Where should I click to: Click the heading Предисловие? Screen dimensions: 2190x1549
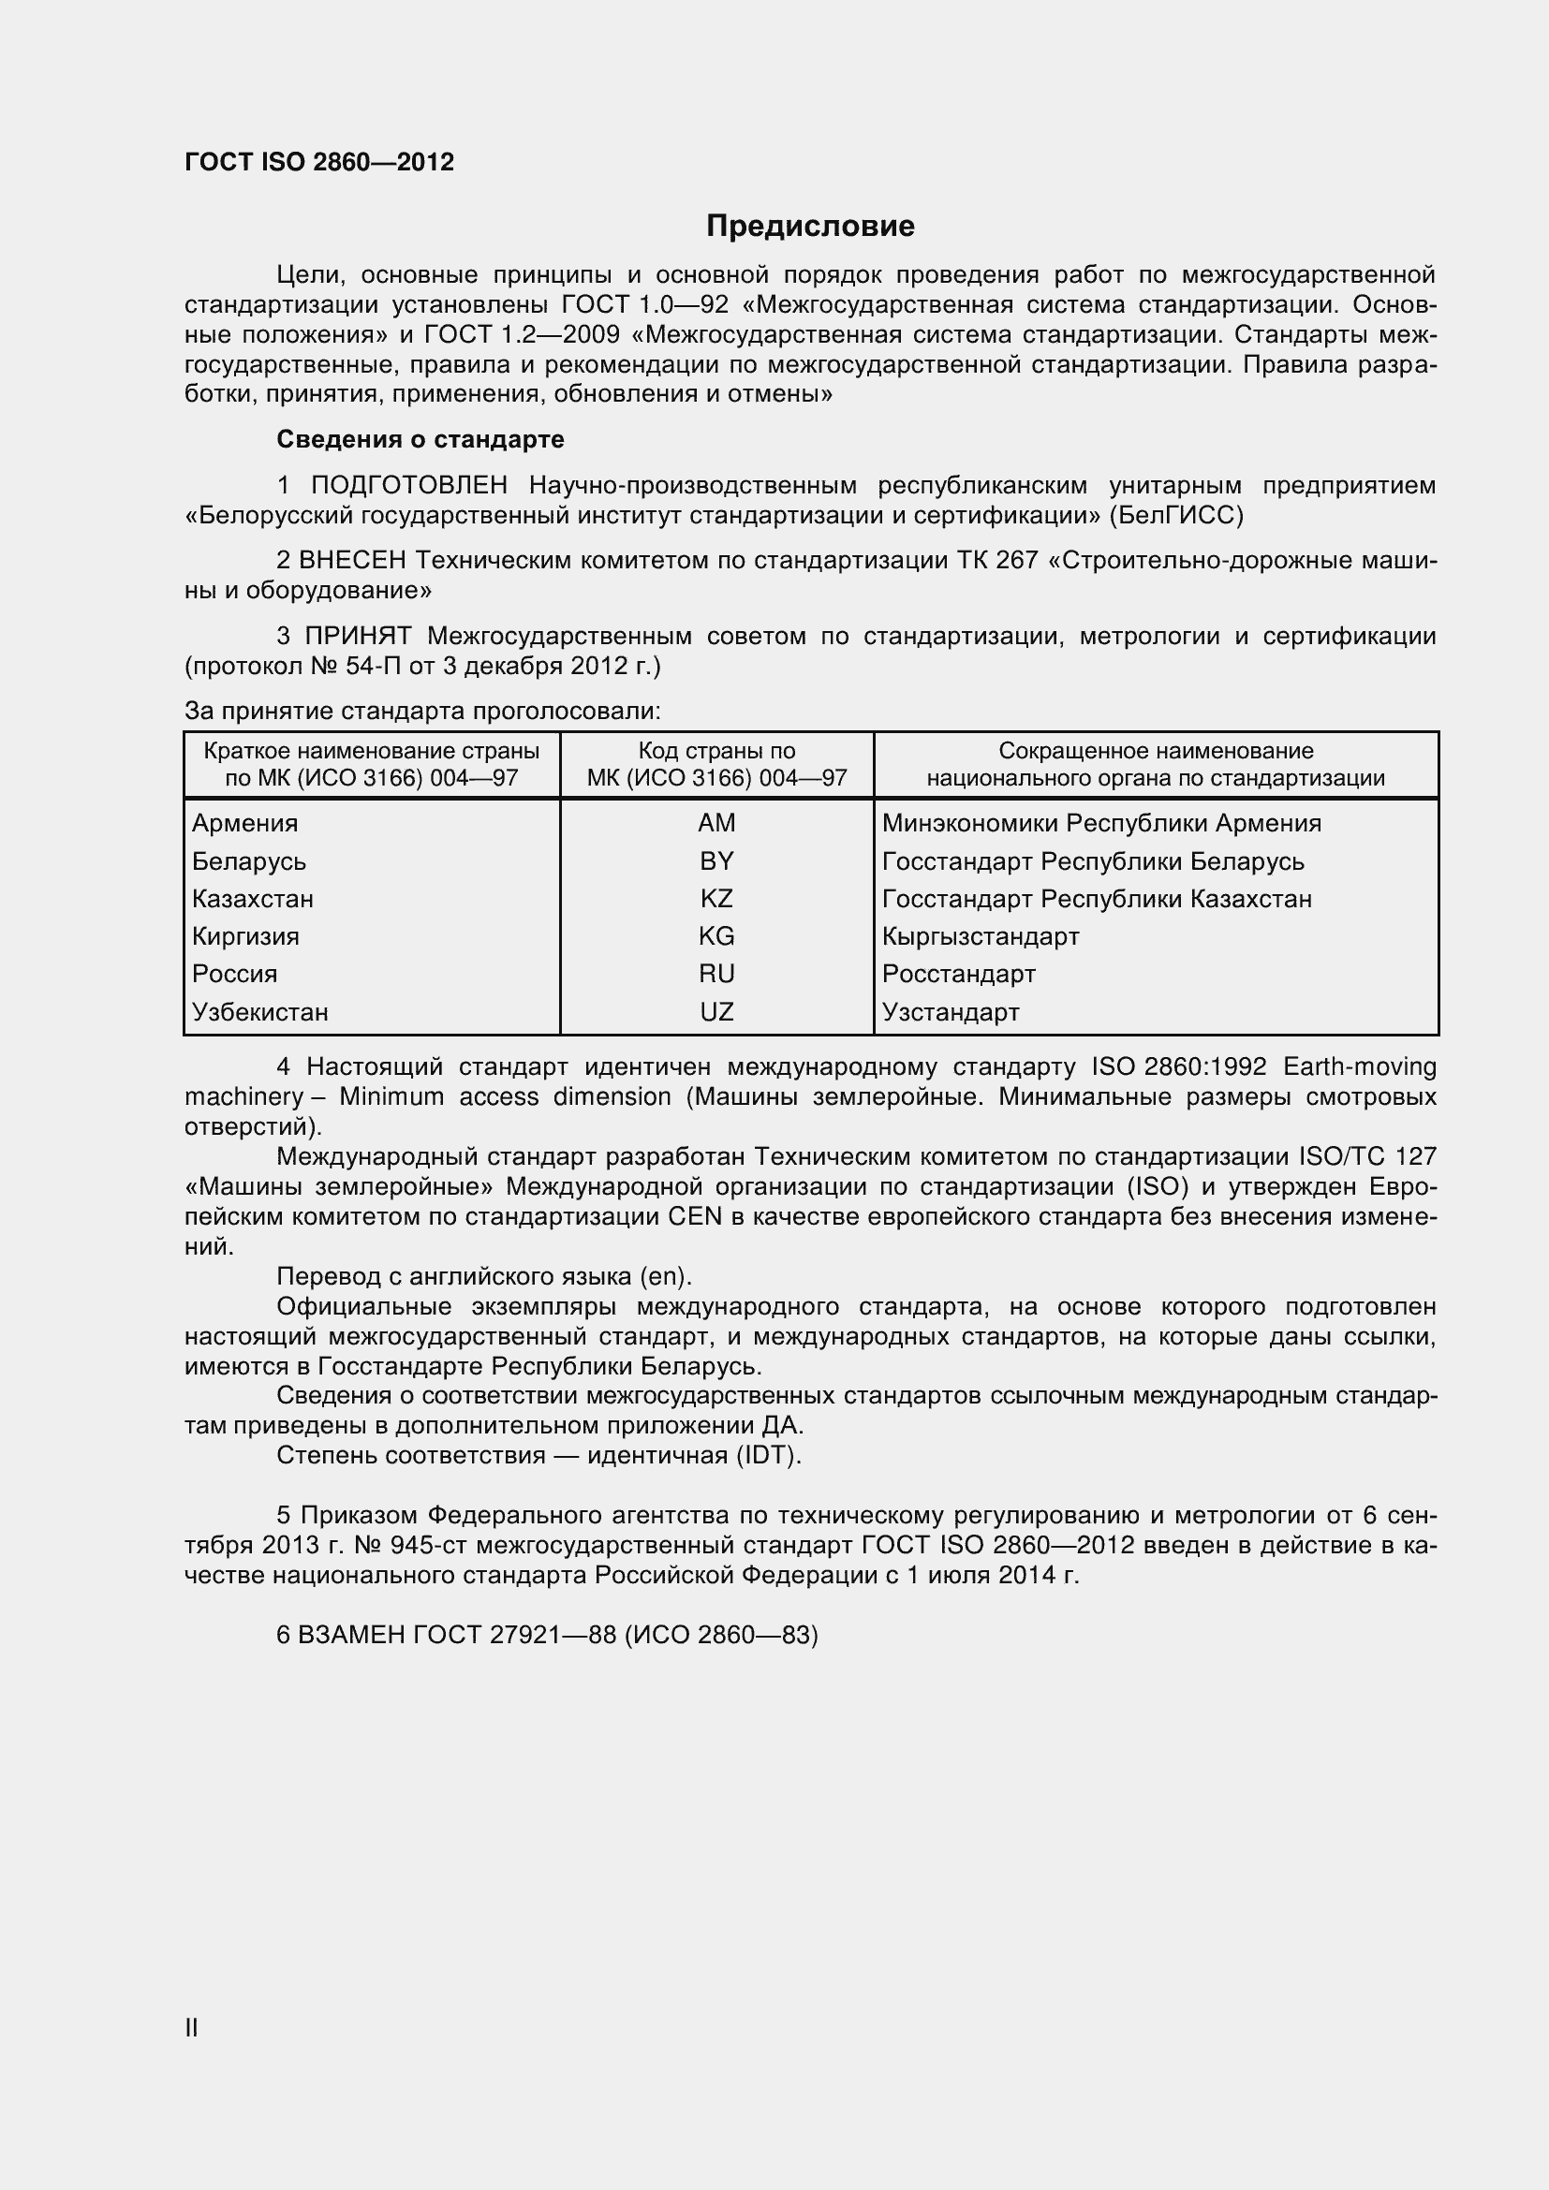pyautogui.click(x=810, y=226)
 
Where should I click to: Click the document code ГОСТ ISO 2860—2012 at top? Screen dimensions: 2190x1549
pyautogui.click(x=318, y=162)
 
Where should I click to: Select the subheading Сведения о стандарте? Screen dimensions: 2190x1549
pyautogui.click(x=420, y=439)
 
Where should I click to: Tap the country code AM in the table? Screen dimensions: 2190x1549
pyautogui.click(x=716, y=823)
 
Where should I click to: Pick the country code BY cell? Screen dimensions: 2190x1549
pyautogui.click(x=716, y=861)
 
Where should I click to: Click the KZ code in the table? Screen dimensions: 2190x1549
pyautogui.click(x=716, y=899)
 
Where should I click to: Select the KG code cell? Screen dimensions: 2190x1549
pyautogui.click(x=716, y=935)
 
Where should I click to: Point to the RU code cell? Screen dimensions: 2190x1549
pyautogui.click(x=716, y=974)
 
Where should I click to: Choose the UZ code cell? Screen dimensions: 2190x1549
pyautogui.click(x=716, y=1012)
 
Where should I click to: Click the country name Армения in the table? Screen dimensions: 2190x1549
pyautogui.click(x=245, y=823)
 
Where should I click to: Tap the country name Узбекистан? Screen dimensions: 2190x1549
pyautogui.click(x=260, y=1012)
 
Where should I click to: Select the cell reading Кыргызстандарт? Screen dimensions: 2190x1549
pyautogui.click(x=981, y=935)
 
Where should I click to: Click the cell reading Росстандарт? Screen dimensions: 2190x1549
pyautogui.click(x=959, y=974)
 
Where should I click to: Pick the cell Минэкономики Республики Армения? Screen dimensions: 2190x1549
pyautogui.click(x=1101, y=823)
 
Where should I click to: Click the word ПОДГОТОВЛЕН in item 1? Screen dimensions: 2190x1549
pyautogui.click(x=409, y=486)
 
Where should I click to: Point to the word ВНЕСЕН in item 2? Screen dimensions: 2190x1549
pyautogui.click(x=352, y=560)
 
